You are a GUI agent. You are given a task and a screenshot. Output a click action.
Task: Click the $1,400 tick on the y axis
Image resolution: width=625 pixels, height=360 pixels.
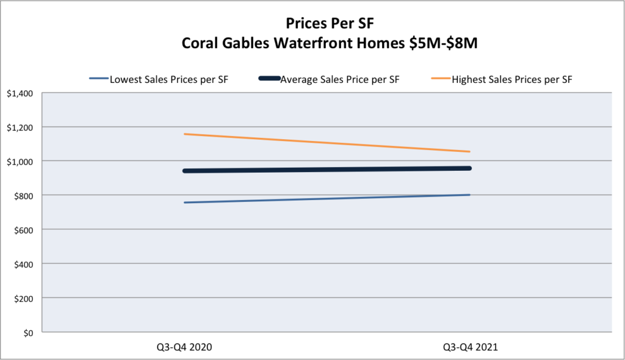[20, 94]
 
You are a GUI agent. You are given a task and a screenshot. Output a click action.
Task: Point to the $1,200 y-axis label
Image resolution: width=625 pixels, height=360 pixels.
[20, 128]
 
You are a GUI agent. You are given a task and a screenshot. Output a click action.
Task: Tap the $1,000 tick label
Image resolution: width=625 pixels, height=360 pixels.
[20, 162]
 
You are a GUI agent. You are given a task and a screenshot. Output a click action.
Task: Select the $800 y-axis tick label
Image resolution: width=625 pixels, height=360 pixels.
[24, 196]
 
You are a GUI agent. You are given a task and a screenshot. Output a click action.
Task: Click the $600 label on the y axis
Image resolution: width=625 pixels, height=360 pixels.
[24, 230]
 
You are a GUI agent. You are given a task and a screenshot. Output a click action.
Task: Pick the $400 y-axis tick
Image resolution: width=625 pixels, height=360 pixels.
[24, 264]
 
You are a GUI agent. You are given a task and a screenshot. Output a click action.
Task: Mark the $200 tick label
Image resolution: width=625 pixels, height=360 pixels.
[24, 298]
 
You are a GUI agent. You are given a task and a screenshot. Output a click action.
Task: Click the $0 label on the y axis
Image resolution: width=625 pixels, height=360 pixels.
[28, 333]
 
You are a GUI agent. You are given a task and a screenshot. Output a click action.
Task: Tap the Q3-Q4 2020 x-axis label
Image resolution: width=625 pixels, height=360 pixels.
[184, 347]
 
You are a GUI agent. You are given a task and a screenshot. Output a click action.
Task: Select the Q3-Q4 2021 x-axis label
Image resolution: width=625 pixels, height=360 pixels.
[471, 347]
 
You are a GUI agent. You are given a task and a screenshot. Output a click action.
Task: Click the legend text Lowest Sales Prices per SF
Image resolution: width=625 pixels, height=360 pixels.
[169, 80]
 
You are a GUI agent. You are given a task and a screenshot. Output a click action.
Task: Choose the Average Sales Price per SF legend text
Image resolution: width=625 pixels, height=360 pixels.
[339, 80]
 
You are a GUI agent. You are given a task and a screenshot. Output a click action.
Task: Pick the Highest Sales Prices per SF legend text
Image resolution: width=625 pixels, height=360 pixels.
[512, 80]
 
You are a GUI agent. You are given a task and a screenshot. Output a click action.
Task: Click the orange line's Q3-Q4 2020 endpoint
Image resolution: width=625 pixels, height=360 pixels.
[184, 134]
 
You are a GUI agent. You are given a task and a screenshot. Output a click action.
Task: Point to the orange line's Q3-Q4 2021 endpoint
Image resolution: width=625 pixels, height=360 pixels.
[470, 151]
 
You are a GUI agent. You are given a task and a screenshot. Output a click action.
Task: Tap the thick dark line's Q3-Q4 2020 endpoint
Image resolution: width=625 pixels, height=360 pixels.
[184, 171]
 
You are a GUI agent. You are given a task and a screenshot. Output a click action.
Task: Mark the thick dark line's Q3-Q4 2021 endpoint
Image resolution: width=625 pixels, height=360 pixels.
[469, 168]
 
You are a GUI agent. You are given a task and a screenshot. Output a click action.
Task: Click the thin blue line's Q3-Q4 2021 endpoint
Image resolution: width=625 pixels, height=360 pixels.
[470, 195]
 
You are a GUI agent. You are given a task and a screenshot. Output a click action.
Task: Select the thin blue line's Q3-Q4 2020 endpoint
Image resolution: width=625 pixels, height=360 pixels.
[184, 203]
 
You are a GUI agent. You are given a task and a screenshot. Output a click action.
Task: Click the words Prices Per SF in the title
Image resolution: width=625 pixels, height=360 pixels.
[330, 23]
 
